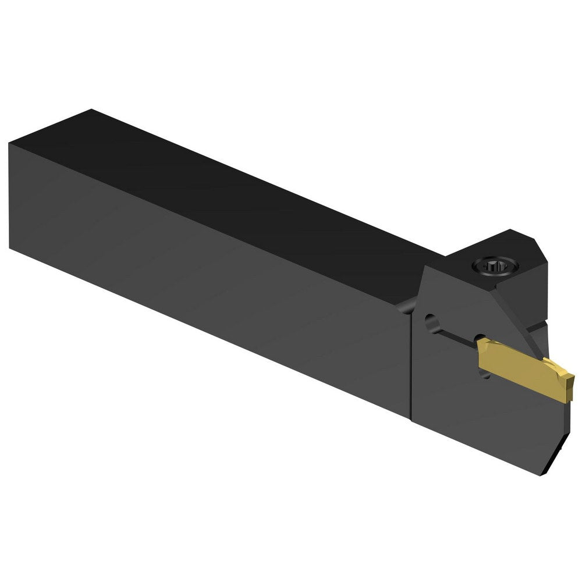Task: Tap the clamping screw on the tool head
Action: [495, 267]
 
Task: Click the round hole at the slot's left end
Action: [431, 321]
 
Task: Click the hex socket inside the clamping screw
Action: [495, 267]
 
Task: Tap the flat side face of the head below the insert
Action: [477, 419]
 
